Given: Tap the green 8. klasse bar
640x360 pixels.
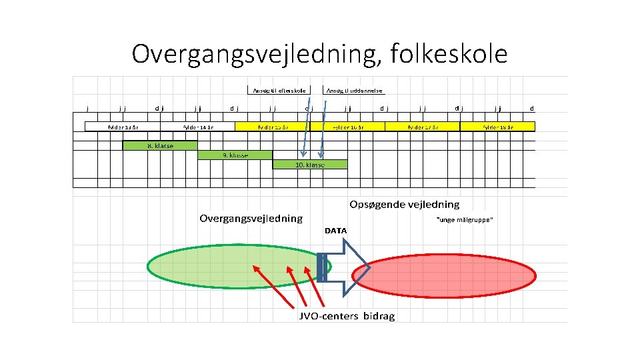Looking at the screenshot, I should tap(160, 145).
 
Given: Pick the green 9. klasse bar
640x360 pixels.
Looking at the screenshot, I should tap(235, 155).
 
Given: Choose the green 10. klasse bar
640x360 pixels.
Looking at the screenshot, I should tap(310, 165).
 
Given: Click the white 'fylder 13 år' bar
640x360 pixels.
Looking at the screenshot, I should tap(123, 127).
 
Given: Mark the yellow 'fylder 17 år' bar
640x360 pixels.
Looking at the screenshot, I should tap(423, 127).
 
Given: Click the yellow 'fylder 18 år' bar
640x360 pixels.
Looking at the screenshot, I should tap(497, 127).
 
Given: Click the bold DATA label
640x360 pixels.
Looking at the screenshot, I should tap(336, 231).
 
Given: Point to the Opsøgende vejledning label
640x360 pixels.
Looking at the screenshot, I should tap(405, 204).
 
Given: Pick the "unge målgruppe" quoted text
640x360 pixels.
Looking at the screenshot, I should tap(464, 221).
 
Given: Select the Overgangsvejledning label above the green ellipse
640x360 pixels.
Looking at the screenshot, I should tap(251, 218).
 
